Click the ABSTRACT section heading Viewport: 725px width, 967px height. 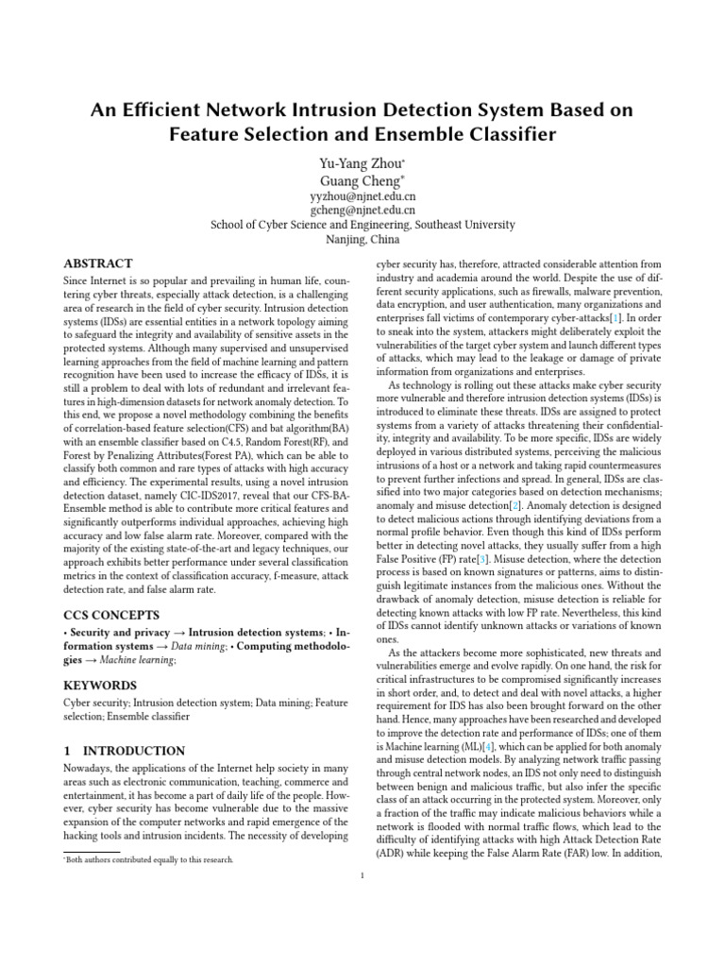click(97, 263)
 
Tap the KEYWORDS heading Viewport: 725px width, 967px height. click(100, 685)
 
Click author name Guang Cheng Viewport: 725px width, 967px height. click(361, 180)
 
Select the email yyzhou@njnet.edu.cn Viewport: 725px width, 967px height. click(362, 195)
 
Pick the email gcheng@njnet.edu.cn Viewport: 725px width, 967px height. click(362, 210)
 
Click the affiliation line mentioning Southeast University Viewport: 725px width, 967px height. click(362, 225)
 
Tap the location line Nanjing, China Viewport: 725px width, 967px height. click(362, 240)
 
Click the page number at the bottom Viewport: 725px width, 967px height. click(362, 876)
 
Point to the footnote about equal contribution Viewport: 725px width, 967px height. click(149, 859)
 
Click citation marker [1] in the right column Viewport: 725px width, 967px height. click(615, 319)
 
